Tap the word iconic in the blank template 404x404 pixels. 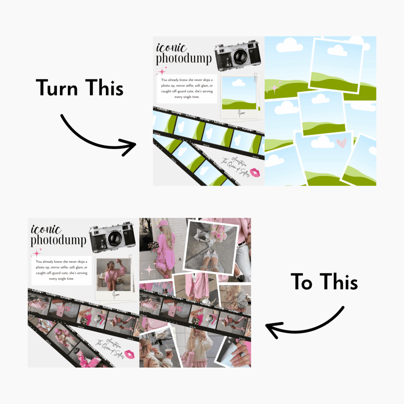click(171, 48)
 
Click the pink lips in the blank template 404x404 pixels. click(256, 172)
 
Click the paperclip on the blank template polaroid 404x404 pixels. click(256, 78)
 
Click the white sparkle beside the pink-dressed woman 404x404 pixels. click(150, 269)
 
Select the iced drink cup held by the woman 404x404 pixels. click(169, 352)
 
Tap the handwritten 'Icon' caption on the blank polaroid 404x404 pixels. click(241, 114)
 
